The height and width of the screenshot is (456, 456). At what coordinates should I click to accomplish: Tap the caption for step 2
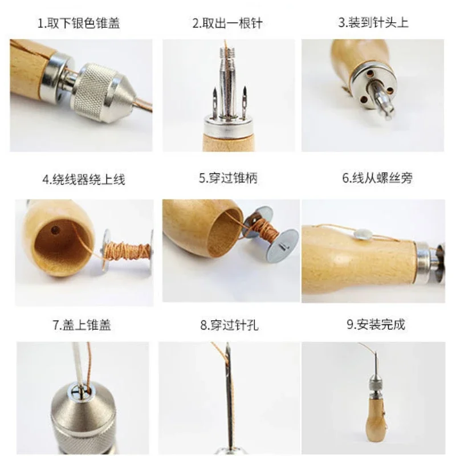tap(227, 23)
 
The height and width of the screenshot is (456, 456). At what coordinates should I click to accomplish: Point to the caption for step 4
tap(83, 180)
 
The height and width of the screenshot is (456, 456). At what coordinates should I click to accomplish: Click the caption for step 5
tap(228, 178)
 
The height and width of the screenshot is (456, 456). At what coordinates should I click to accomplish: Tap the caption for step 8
tap(229, 325)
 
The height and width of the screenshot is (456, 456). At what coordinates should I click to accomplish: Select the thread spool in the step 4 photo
tap(128, 251)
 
